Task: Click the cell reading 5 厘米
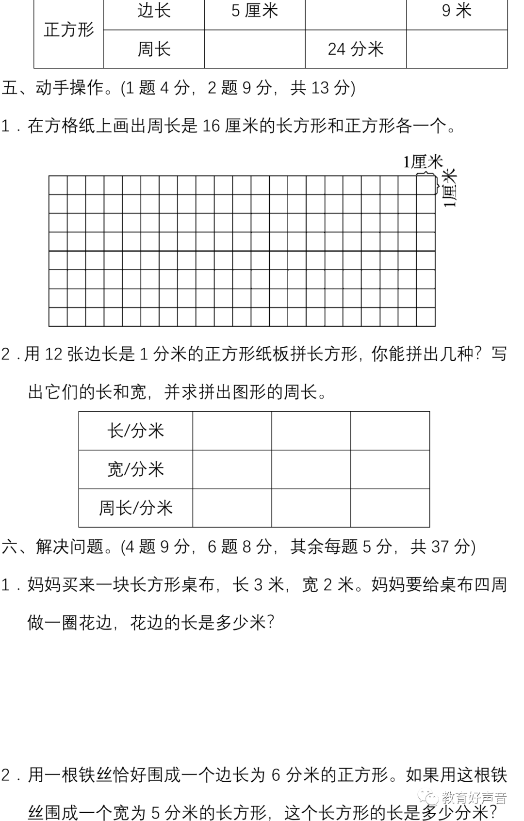[255, 11]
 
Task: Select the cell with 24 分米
[356, 49]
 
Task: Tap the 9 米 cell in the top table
[457, 11]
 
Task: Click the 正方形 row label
[68, 30]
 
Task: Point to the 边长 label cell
[154, 11]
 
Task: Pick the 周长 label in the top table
[154, 49]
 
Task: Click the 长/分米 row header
[136, 431]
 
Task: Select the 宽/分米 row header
[136, 469]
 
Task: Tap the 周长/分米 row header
[136, 508]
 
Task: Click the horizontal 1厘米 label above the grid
[423, 162]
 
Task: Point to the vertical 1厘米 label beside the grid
[451, 188]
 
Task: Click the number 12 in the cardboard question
[53, 354]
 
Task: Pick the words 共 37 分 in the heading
[440, 547]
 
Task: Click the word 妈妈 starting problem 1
[44, 585]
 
